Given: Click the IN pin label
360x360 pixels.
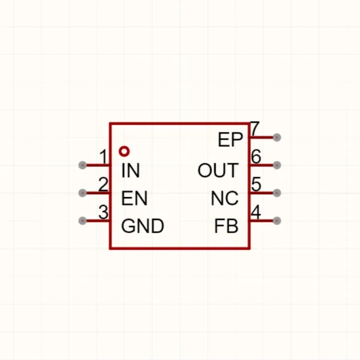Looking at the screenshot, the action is pyautogui.click(x=130, y=170).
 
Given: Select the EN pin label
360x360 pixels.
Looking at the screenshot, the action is pyautogui.click(x=134, y=198).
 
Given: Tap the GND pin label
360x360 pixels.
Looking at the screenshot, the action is pyautogui.click(x=143, y=226).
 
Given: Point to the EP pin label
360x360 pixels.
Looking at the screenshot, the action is pyautogui.click(x=230, y=139).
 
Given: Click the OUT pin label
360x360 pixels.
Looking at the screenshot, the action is pyautogui.click(x=218, y=170).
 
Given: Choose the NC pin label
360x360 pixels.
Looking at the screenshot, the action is pyautogui.click(x=225, y=198).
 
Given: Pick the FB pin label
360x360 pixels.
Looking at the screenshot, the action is pyautogui.click(x=226, y=226).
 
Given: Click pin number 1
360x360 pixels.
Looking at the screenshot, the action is pyautogui.click(x=104, y=156).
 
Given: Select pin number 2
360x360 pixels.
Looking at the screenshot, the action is pyautogui.click(x=103, y=184).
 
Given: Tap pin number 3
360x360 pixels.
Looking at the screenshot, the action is pyautogui.click(x=103, y=212).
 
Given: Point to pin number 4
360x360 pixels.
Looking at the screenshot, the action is pyautogui.click(x=256, y=212).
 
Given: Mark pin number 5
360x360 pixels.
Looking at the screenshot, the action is pyautogui.click(x=256, y=184).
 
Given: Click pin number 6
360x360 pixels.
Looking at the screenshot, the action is pyautogui.click(x=256, y=156).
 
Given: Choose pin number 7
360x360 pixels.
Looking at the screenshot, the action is pyautogui.click(x=255, y=128).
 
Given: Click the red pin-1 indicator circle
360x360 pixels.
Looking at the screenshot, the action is pyautogui.click(x=124, y=152).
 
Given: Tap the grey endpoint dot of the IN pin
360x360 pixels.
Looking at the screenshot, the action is pyautogui.click(x=82, y=165).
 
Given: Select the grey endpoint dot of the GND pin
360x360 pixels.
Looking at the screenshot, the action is pyautogui.click(x=82, y=221).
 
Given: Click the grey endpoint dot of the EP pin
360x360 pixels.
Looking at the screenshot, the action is pyautogui.click(x=277, y=137).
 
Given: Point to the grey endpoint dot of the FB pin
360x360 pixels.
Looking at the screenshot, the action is pyautogui.click(x=277, y=221).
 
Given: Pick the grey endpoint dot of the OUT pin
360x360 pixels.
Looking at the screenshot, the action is pyautogui.click(x=277, y=165).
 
